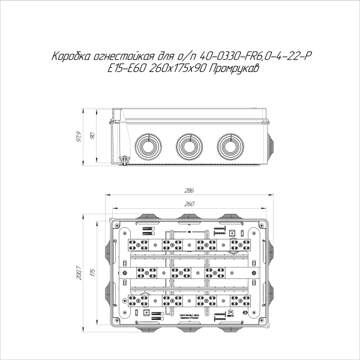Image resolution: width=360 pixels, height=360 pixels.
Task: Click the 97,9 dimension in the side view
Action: pyautogui.click(x=78, y=137)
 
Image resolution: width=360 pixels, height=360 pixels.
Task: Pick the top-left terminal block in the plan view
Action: pyautogui.click(x=141, y=244)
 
